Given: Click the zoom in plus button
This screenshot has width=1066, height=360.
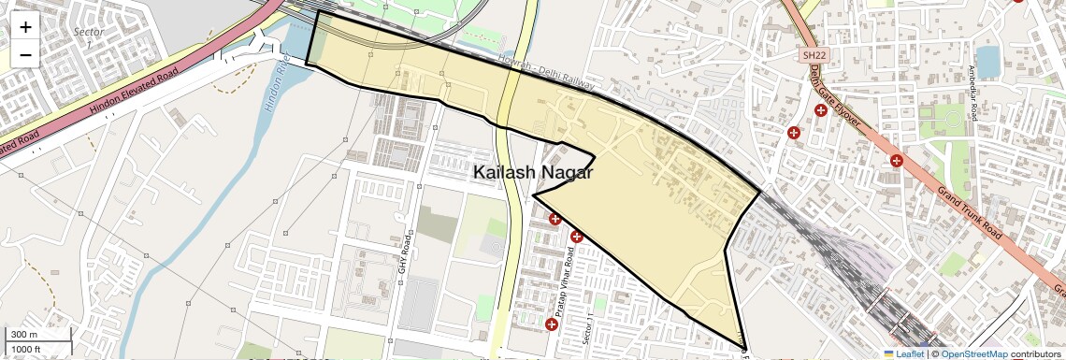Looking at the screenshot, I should pos(25,26).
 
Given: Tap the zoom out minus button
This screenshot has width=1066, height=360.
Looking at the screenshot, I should pos(25,54).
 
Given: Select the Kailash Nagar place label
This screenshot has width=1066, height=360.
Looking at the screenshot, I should pos(532,172).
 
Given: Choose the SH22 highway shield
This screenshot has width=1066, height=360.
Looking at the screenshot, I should pos(812,56).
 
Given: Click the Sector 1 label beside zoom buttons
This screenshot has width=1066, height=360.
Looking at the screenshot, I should pos(84,37).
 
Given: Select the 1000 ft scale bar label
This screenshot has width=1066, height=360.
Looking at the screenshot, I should pos(26,349).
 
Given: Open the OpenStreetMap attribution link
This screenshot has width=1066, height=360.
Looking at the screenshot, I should pos(973,353).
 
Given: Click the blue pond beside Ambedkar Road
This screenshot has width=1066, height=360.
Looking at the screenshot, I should pos(987,62).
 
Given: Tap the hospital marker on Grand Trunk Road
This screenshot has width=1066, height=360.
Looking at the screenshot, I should pos(896,160).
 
